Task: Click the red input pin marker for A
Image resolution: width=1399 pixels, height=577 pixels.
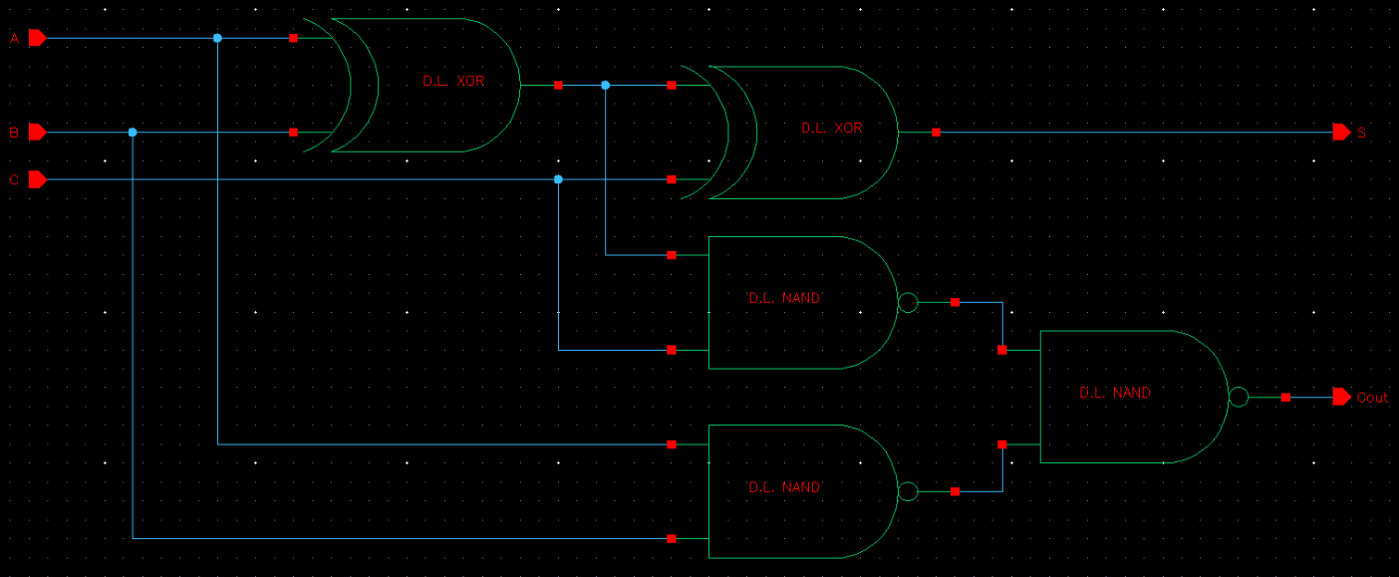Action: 37,38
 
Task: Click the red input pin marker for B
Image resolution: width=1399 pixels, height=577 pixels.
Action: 37,132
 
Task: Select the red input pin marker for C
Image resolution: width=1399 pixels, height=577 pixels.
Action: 37,179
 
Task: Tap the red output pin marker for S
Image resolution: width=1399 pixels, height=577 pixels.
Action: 1341,132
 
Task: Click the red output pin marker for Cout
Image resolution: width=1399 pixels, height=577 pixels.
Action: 1341,397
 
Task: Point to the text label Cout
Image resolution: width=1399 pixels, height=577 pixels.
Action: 1372,398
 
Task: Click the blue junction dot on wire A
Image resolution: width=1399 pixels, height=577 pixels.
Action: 217,38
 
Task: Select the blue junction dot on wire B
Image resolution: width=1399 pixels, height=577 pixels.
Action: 133,132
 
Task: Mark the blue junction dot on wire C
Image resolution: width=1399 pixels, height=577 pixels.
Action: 558,179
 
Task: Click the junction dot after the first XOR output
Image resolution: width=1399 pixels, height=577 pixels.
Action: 606,85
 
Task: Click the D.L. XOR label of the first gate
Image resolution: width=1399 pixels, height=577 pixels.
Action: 453,81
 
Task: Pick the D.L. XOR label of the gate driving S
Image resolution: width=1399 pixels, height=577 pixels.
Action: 832,129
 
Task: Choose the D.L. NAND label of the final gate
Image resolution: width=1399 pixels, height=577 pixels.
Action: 1115,394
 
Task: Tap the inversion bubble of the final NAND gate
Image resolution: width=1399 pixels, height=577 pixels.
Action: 1239,397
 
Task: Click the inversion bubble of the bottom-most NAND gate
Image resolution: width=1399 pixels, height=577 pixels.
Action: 908,491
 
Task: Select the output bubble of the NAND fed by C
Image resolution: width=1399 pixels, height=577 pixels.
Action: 908,302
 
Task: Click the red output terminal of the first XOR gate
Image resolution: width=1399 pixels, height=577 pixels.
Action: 558,85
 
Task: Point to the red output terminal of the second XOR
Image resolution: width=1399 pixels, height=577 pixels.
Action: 936,132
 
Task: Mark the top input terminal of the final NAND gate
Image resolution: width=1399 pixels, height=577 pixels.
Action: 1002,350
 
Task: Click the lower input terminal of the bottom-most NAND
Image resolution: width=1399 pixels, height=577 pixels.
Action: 672,538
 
